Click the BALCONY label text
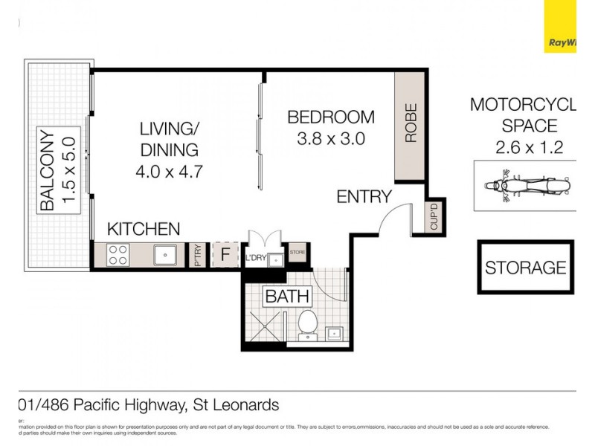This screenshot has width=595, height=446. (46, 170)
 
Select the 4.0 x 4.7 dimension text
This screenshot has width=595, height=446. (170, 171)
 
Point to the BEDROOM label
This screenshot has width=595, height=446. (331, 117)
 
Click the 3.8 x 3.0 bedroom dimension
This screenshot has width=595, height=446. (331, 138)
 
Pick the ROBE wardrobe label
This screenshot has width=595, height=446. (411, 123)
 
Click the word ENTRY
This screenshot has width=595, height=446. (364, 197)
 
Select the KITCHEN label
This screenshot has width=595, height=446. (144, 228)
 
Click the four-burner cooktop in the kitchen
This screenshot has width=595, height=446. (118, 255)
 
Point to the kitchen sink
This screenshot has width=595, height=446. (165, 255)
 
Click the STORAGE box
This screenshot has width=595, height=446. (525, 267)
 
